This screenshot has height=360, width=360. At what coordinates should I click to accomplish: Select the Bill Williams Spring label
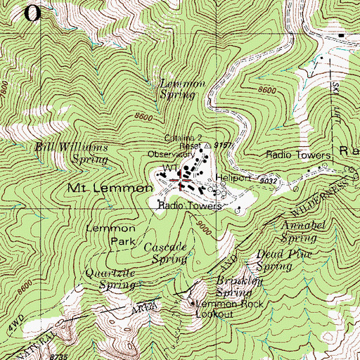pyautogui.click(x=71, y=153)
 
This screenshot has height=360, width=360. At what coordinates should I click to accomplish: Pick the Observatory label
pyautogui.click(x=170, y=154)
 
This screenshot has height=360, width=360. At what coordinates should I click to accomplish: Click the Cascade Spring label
pyautogui.click(x=165, y=254)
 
